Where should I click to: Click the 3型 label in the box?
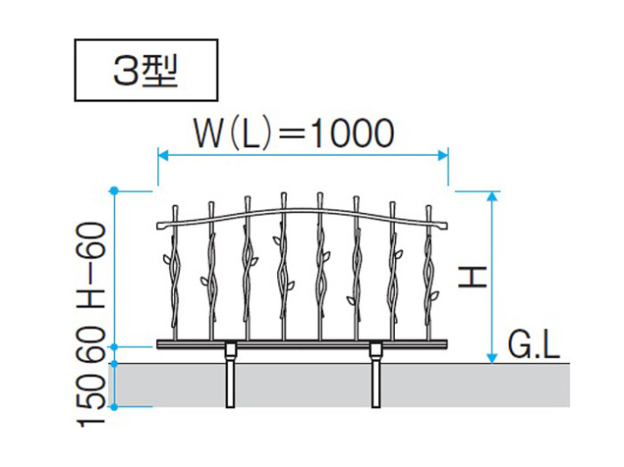tap(145, 70)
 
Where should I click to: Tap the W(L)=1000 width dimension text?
tap(294, 133)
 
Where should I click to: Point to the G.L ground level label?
tap(534, 346)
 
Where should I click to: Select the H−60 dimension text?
tap(92, 266)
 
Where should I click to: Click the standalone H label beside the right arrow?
tap(472, 277)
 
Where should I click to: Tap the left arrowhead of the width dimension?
tap(163, 155)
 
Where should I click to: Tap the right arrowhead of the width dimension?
tap(443, 155)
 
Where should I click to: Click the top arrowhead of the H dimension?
tap(493, 196)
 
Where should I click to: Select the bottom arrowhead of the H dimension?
tap(493, 358)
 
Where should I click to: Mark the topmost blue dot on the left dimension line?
tap(114, 191)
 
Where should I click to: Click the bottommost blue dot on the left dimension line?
tap(114, 407)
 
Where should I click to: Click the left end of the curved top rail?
tap(158, 225)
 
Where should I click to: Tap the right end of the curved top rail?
tap(446, 225)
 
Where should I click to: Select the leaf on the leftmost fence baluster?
tap(167, 259)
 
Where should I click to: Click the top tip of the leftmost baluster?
tap(175, 206)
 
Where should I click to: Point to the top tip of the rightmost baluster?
tap(429, 206)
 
